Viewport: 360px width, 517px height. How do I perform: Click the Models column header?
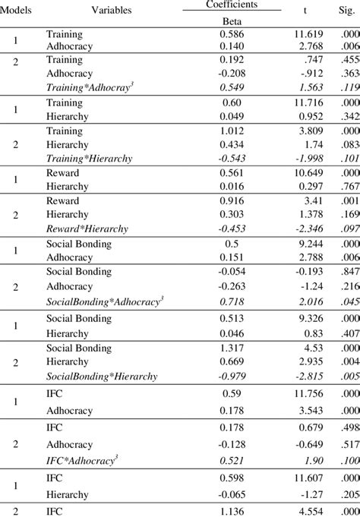point(16,10)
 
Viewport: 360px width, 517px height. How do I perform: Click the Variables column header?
point(111,10)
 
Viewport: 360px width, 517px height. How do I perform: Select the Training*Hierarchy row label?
point(90,158)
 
